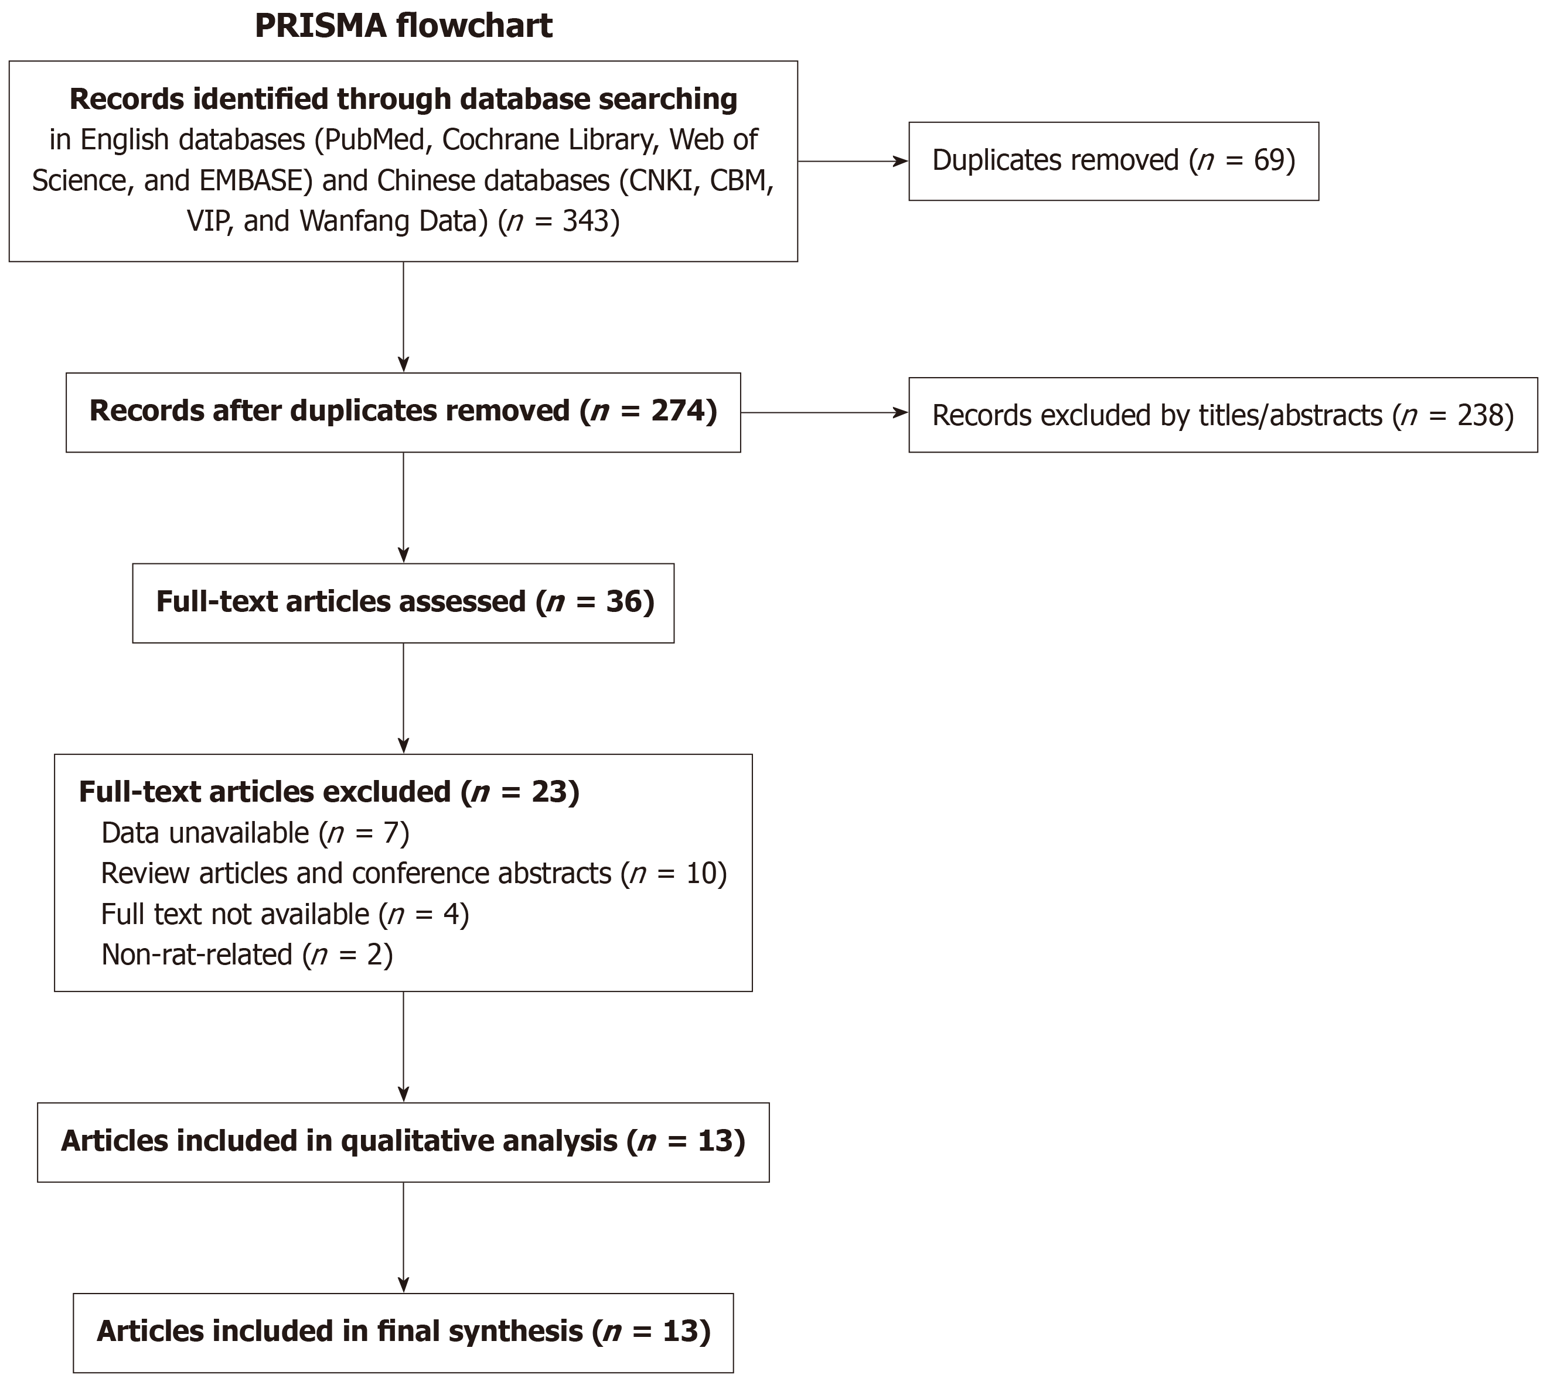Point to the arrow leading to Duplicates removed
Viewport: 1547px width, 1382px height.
pyautogui.click(x=853, y=161)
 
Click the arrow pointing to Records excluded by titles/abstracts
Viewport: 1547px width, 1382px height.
pyautogui.click(x=824, y=412)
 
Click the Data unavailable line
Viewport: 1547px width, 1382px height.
pyautogui.click(x=255, y=833)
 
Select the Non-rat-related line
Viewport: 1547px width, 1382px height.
pyautogui.click(x=247, y=955)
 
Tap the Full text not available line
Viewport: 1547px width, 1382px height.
pyautogui.click(x=285, y=914)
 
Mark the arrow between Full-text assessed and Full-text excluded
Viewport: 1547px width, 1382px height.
pyautogui.click(x=404, y=699)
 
